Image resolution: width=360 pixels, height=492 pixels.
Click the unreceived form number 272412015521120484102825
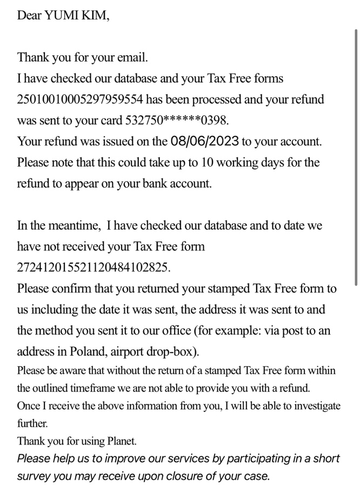[x=93, y=267]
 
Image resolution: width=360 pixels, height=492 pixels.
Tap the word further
[x=32, y=423]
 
